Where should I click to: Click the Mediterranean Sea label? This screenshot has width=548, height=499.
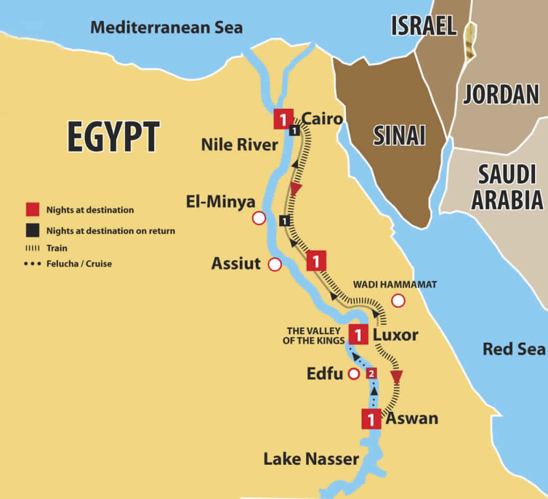(x=166, y=28)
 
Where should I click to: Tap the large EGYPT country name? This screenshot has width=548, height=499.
(x=113, y=137)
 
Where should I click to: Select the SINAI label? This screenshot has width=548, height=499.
(x=399, y=136)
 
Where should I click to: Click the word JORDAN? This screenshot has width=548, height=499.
(x=501, y=95)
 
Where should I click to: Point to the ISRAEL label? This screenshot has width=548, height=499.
(x=424, y=26)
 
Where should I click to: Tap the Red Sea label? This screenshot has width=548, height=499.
(x=514, y=349)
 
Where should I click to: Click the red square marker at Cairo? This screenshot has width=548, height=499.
(x=283, y=119)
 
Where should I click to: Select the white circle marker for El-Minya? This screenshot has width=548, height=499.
(x=259, y=218)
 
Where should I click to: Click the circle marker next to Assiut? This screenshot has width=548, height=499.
(x=275, y=264)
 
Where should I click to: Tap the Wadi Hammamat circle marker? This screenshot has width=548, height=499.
(x=398, y=301)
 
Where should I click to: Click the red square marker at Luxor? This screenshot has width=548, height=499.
(x=358, y=335)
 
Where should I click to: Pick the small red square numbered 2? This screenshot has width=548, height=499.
(x=371, y=373)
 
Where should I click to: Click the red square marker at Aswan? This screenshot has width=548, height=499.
(x=371, y=419)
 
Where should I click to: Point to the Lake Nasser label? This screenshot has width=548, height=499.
(x=311, y=459)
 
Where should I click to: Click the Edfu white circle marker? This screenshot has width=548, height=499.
(x=354, y=374)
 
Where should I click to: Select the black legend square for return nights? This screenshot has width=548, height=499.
(x=33, y=231)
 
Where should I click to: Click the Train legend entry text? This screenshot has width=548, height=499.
(x=57, y=248)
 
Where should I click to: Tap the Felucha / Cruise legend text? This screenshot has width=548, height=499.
(x=79, y=263)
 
